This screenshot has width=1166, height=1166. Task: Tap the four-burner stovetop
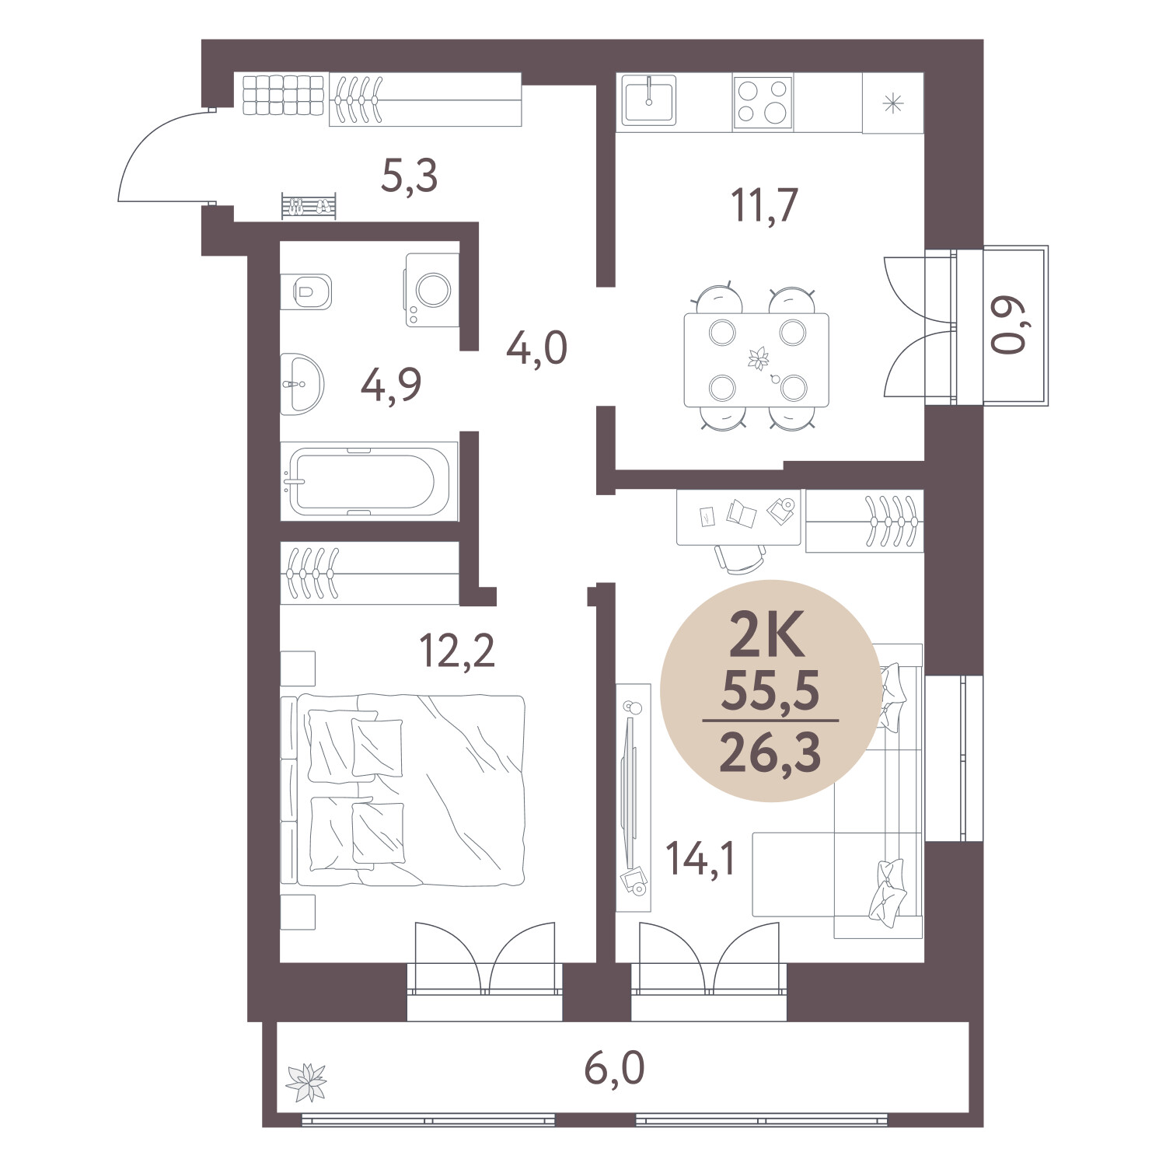pos(763,103)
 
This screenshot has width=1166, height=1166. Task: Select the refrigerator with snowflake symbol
pos(893,103)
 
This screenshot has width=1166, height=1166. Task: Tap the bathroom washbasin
pos(301,384)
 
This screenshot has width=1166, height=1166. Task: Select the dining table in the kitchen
pos(756,360)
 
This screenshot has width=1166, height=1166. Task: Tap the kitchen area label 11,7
pos(765,205)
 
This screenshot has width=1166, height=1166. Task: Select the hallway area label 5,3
pos(410,176)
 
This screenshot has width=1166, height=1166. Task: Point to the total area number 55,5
pos(770,691)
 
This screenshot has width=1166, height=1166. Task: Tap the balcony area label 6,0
pos(614,1070)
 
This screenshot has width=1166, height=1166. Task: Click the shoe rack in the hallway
pos(309,206)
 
